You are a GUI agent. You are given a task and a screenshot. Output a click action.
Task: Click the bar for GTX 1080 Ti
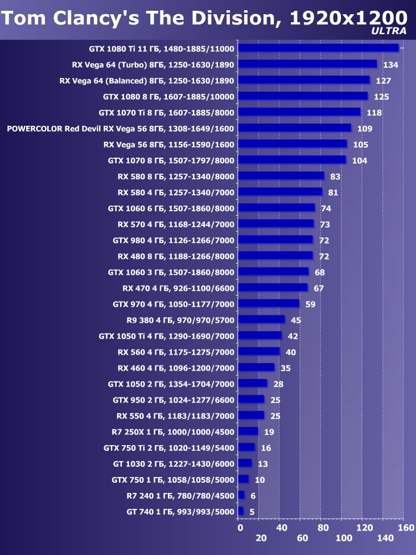click(318, 48)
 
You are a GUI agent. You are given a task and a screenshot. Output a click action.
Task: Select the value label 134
click(390, 65)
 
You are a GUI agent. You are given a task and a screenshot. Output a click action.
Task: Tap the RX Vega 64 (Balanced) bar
click(303, 80)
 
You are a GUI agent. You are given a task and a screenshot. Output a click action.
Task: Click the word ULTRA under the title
click(389, 31)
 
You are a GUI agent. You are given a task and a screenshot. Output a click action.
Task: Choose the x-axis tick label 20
click(261, 538)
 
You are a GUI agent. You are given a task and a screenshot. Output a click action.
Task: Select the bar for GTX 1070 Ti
click(299, 112)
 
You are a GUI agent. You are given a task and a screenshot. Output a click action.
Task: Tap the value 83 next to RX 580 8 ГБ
click(335, 176)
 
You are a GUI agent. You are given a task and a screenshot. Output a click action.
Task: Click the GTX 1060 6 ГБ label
click(171, 208)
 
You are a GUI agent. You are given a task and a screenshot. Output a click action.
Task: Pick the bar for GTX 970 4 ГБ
click(269, 304)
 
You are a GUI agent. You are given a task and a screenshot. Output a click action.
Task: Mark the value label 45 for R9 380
click(296, 320)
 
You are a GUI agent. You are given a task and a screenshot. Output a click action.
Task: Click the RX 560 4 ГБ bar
click(259, 352)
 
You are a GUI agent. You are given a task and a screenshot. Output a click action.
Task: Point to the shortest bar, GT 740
click(241, 511)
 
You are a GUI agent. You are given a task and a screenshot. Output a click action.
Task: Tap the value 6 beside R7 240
click(253, 496)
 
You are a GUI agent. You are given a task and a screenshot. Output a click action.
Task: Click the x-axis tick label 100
click(344, 538)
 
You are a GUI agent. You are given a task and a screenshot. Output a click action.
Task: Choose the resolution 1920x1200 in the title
click(348, 18)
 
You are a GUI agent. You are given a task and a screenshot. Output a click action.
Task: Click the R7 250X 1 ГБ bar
click(248, 431)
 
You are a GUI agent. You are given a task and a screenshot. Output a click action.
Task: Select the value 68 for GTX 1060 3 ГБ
click(320, 273)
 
